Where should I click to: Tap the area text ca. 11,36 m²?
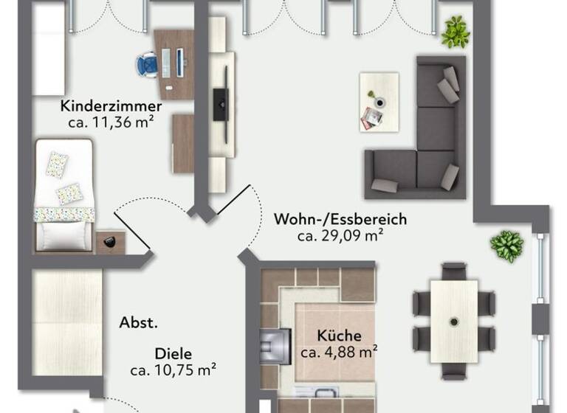pyautogui.click(x=111, y=122)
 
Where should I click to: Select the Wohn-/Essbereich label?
pyautogui.click(x=340, y=219)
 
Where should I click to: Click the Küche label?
pyautogui.click(x=339, y=335)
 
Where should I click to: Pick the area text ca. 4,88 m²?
pyautogui.click(x=339, y=352)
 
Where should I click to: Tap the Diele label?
pyautogui.click(x=173, y=354)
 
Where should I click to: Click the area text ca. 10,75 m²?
pyautogui.click(x=173, y=371)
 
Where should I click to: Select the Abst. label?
pyautogui.click(x=139, y=322)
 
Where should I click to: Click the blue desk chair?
pyautogui.click(x=146, y=64)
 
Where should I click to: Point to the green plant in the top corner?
pyautogui.click(x=456, y=32)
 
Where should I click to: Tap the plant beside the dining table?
pyautogui.click(x=507, y=246)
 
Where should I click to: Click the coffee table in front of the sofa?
pyautogui.click(x=379, y=102)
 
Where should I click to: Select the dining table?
pyautogui.click(x=453, y=321)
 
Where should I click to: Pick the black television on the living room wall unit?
pyautogui.click(x=219, y=104)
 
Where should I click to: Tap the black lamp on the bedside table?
pyautogui.click(x=110, y=241)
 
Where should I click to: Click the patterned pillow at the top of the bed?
pyautogui.click(x=57, y=164)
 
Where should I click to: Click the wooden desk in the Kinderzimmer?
pyautogui.click(x=175, y=63)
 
